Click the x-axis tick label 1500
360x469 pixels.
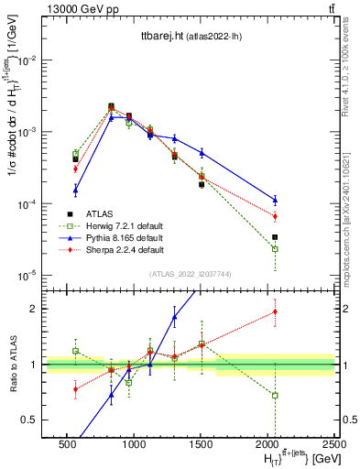(201, 442)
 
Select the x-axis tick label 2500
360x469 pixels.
(334, 442)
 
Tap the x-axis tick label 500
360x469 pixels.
(67, 442)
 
